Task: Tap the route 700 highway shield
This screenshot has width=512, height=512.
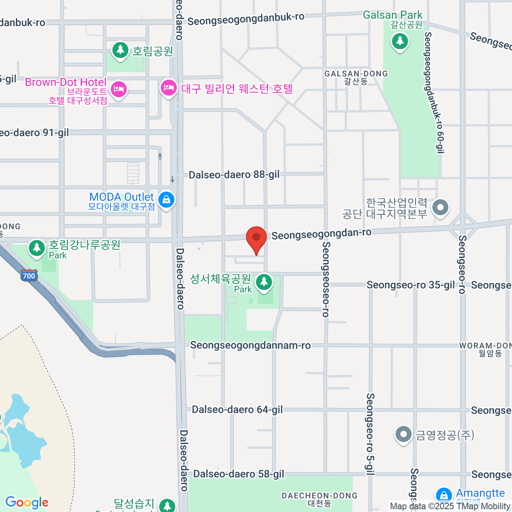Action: coord(29,276)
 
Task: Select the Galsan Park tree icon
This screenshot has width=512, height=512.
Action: coord(400,41)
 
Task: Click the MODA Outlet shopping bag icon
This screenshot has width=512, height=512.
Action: coord(166,199)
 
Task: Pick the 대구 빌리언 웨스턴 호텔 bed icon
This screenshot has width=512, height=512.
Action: coord(169,88)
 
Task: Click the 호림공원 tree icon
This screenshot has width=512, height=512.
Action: coord(120,50)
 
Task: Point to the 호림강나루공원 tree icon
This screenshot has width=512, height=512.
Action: coord(37,247)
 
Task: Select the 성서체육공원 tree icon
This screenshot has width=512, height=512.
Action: coord(264,282)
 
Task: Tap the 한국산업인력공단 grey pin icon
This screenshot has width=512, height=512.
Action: coord(440,208)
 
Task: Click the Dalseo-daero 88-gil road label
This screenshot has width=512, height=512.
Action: coord(234,175)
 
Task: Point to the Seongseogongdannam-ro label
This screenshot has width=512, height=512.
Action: coord(250,345)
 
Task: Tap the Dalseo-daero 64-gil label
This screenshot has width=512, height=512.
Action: coord(237,410)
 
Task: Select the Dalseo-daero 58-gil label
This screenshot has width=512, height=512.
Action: coord(239,474)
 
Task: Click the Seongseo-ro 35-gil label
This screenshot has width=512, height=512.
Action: coord(410,285)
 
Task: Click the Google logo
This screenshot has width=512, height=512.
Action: coord(27,503)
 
